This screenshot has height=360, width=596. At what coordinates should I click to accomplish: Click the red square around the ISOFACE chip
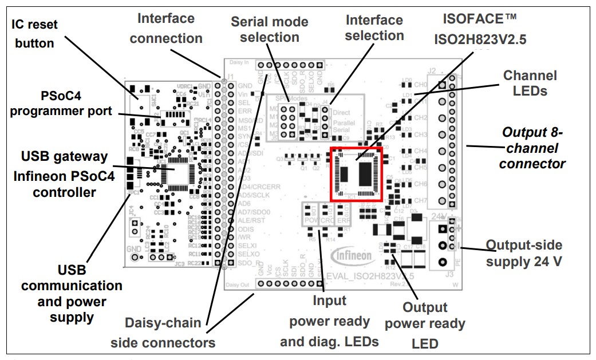(x=356, y=173)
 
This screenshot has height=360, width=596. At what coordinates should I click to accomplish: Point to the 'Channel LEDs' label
(x=529, y=82)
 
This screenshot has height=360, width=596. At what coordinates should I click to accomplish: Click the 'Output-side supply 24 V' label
(x=523, y=254)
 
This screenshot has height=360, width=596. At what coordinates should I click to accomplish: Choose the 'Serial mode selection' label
(x=269, y=30)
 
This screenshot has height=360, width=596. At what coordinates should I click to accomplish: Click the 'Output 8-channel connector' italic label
(x=532, y=148)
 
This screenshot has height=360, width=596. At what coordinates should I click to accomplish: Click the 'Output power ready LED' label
(x=424, y=325)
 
